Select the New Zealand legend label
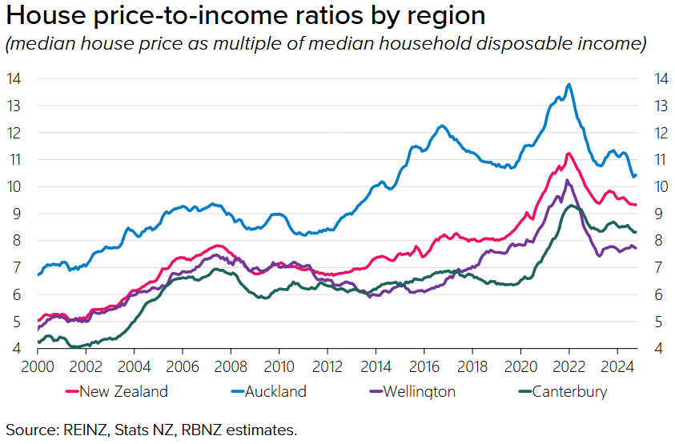point(123,391)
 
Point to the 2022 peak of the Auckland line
point(569,84)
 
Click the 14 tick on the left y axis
point(14,78)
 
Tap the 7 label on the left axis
point(15,267)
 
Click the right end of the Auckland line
point(636,175)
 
